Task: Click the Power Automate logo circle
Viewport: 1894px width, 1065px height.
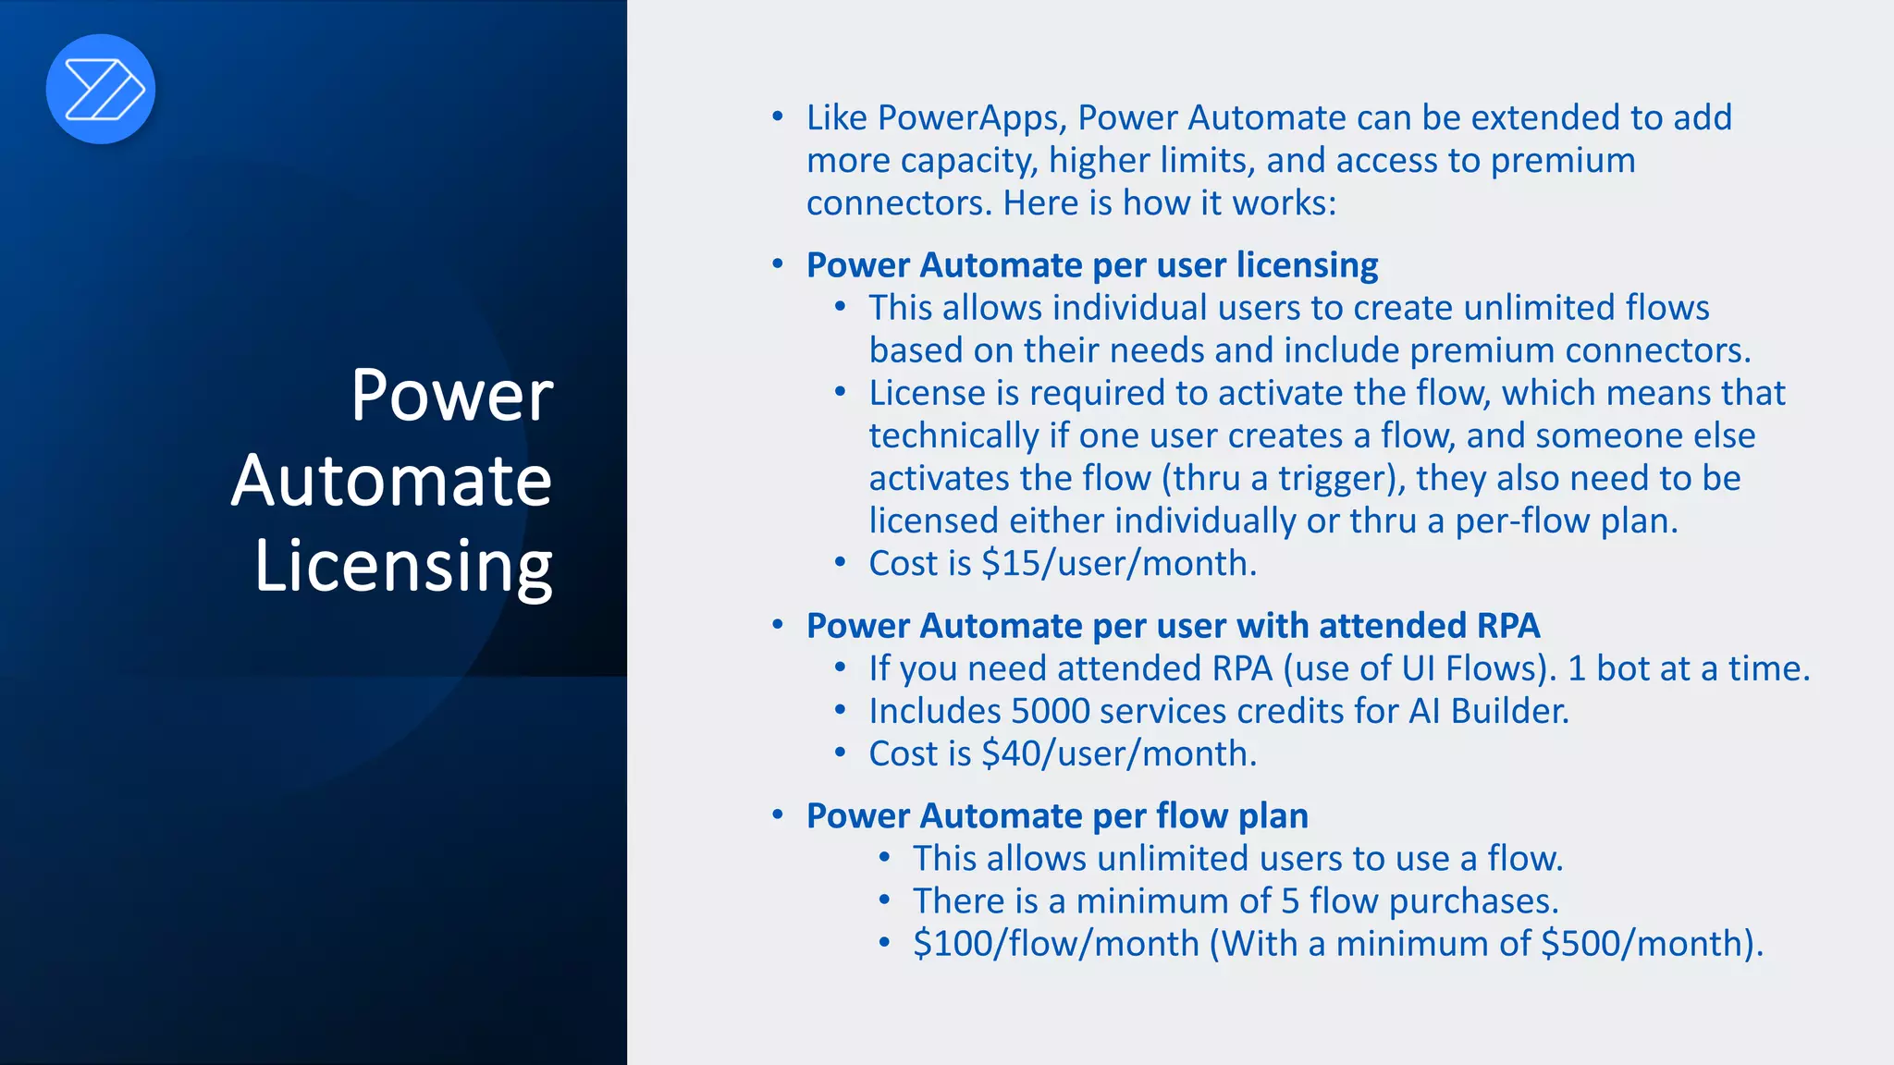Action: coord(101,89)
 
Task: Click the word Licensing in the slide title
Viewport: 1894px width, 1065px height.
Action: coord(403,566)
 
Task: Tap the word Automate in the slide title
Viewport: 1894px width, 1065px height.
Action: coord(392,481)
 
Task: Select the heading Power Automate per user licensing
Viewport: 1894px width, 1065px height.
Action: coord(1091,265)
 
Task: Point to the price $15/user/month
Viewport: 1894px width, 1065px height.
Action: coord(1118,563)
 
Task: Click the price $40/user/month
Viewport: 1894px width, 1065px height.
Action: coord(1118,753)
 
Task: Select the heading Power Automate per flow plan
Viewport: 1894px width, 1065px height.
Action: coord(1057,815)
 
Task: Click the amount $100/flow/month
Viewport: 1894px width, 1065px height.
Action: coord(1055,944)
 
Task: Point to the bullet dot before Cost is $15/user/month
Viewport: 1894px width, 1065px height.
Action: coord(840,562)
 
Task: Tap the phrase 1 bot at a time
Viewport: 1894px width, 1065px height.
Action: coord(1689,668)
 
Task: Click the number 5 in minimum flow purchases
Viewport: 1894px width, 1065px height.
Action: coord(1290,901)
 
